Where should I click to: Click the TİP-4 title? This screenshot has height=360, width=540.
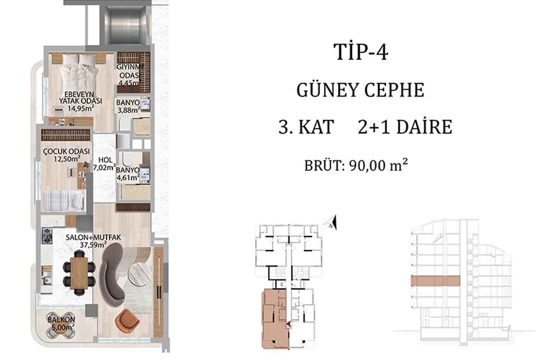point(361,52)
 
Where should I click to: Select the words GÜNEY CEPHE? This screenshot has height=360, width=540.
point(360,90)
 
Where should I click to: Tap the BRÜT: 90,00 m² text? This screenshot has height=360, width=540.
point(356,165)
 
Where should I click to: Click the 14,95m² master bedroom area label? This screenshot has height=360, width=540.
point(81,108)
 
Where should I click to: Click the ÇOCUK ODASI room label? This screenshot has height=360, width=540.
point(66,151)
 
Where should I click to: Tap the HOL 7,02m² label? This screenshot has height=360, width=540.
point(104,164)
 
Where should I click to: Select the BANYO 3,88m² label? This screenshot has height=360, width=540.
point(128,106)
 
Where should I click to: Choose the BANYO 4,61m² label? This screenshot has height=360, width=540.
point(128,174)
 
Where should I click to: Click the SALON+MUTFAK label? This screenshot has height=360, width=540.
point(93,237)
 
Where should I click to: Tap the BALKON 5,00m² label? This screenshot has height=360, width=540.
point(61,324)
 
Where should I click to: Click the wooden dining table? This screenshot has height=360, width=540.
point(79,273)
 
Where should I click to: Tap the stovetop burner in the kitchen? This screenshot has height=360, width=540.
point(47,235)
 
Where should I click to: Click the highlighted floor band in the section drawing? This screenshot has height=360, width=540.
point(435,281)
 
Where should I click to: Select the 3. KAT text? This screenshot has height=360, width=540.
point(306,127)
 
